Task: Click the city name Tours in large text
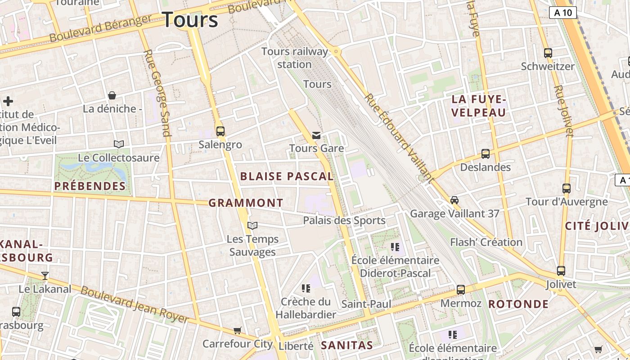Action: (x=190, y=20)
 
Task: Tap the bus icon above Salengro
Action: (x=220, y=131)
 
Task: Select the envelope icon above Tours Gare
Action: (x=316, y=135)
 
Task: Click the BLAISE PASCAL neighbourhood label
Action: (x=287, y=176)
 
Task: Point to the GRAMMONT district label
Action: (x=246, y=203)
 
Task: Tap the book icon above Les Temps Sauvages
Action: (x=253, y=225)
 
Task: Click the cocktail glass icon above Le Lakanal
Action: (x=45, y=275)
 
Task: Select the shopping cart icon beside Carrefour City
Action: (x=238, y=331)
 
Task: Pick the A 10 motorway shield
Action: (x=563, y=13)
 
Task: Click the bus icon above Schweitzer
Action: (x=548, y=53)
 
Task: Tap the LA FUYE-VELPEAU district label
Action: (x=479, y=106)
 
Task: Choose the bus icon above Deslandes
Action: (x=485, y=154)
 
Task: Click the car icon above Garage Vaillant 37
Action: (x=454, y=200)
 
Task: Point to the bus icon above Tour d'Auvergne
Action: (x=567, y=189)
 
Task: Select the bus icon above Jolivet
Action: (x=561, y=271)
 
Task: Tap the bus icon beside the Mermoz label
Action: (x=461, y=290)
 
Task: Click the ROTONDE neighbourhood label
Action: (x=518, y=304)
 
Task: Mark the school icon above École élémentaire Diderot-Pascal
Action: (x=395, y=247)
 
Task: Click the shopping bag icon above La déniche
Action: (x=112, y=95)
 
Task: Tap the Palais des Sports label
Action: (x=344, y=220)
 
